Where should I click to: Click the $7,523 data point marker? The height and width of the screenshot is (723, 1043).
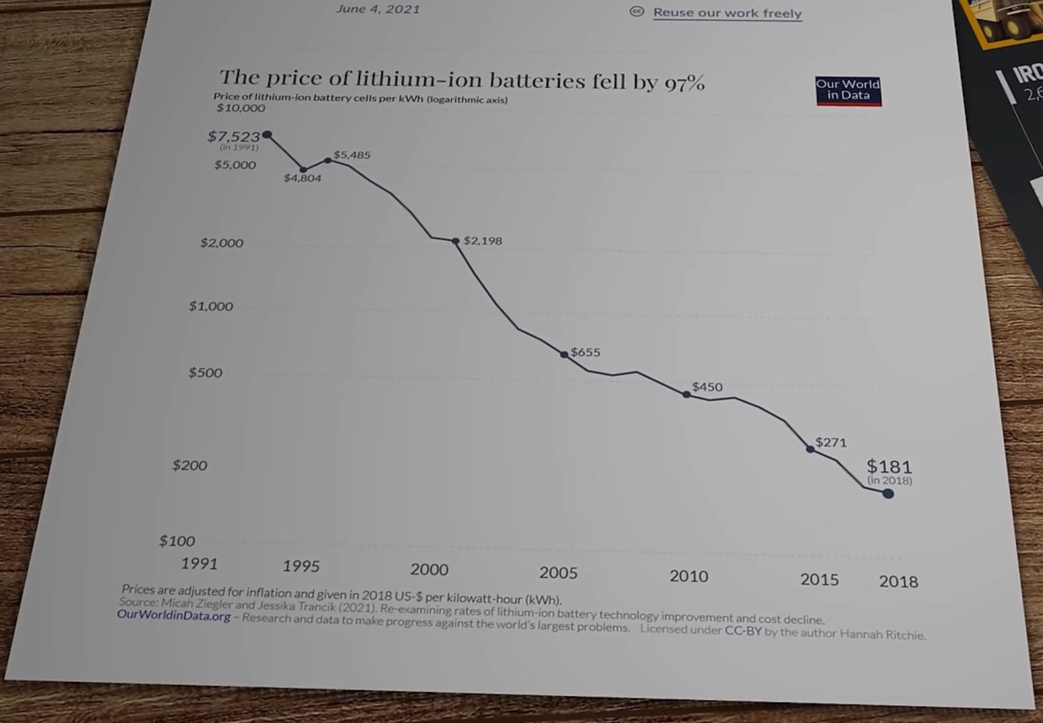click(267, 135)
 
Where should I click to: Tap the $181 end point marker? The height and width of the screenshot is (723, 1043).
click(888, 494)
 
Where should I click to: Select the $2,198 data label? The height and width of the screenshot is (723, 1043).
click(483, 241)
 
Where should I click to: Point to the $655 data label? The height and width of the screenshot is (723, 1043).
click(586, 353)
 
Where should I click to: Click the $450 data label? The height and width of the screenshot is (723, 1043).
click(707, 387)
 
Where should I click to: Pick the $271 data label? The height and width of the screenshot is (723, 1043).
click(831, 442)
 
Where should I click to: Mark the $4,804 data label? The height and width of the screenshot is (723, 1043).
click(302, 178)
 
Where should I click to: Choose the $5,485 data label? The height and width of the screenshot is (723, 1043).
click(352, 155)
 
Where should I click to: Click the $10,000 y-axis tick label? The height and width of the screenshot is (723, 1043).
click(241, 108)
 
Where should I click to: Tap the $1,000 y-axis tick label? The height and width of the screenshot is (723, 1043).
click(211, 306)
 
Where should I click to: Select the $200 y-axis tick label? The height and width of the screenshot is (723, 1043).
click(190, 465)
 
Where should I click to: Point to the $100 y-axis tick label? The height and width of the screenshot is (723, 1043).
click(177, 541)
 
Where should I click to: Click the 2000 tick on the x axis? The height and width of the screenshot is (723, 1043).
click(429, 569)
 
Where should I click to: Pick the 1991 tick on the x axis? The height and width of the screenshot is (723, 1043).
click(199, 564)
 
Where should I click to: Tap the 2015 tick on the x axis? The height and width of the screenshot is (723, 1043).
click(819, 580)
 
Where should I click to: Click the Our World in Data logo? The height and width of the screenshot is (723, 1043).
click(848, 91)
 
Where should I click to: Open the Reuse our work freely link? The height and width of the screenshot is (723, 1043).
click(727, 13)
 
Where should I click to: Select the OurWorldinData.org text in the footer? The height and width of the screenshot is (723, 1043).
click(174, 616)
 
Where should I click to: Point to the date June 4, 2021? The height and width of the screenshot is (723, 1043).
click(378, 9)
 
